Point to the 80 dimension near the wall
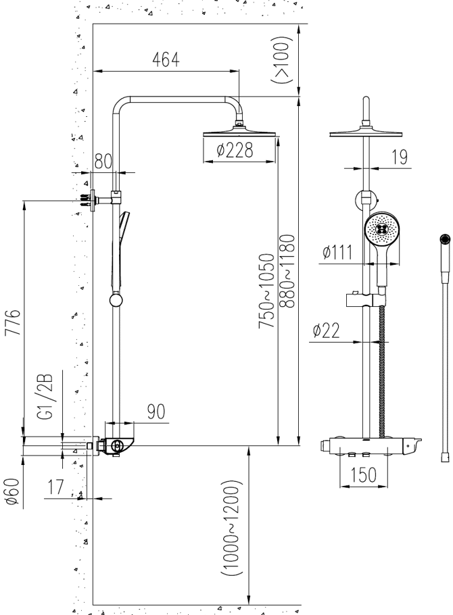click(x=103, y=162)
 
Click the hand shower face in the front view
click(x=383, y=232)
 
